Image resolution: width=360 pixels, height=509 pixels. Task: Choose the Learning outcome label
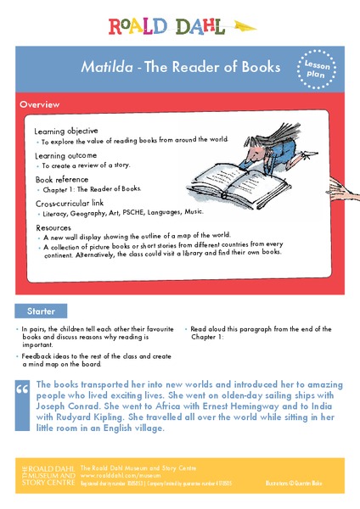tap(65, 155)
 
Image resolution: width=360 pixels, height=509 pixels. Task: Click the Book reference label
tap(61, 179)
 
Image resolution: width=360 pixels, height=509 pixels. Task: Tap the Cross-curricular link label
tap(72, 204)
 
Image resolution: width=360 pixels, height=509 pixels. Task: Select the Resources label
tap(53, 227)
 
